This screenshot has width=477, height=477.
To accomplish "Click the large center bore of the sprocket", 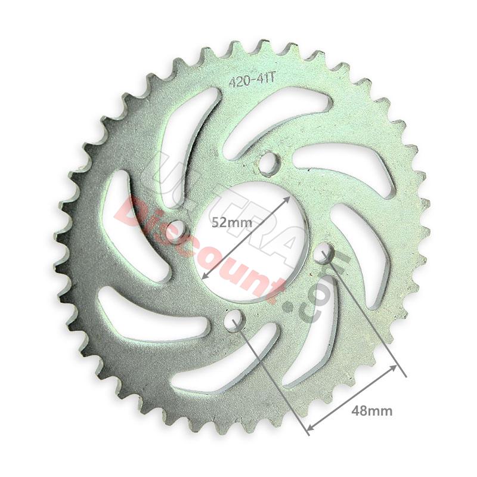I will [247, 238].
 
